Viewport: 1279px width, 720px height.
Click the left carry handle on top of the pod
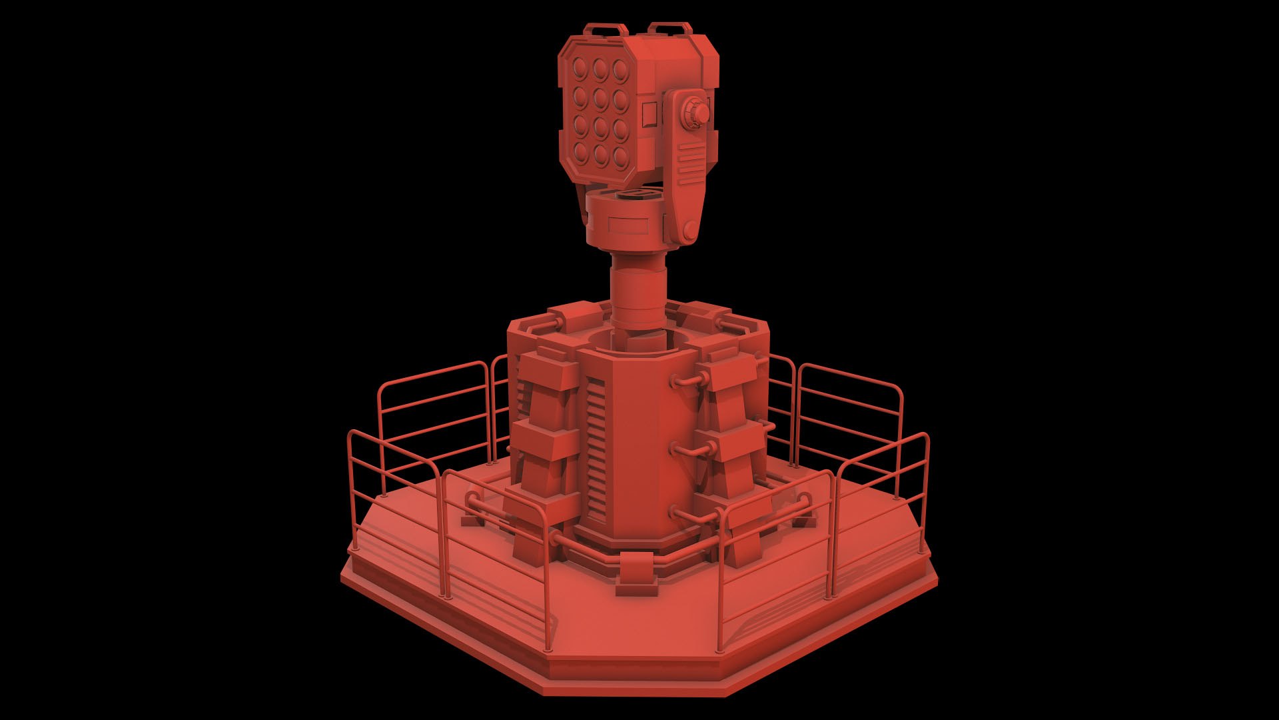[606, 29]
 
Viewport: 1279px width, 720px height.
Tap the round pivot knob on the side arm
[698, 114]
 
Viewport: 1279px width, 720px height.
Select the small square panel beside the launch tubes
[649, 116]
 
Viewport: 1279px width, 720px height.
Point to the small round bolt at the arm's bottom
[687, 230]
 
